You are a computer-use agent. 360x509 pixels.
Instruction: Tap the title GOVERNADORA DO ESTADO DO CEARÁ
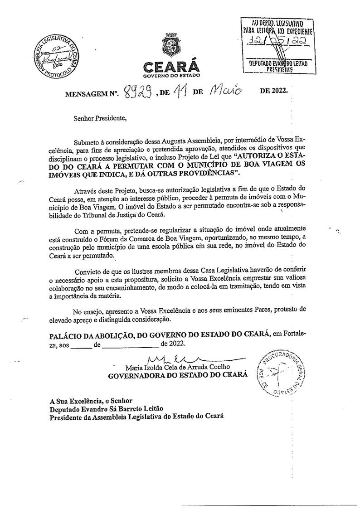[x=177, y=375]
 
